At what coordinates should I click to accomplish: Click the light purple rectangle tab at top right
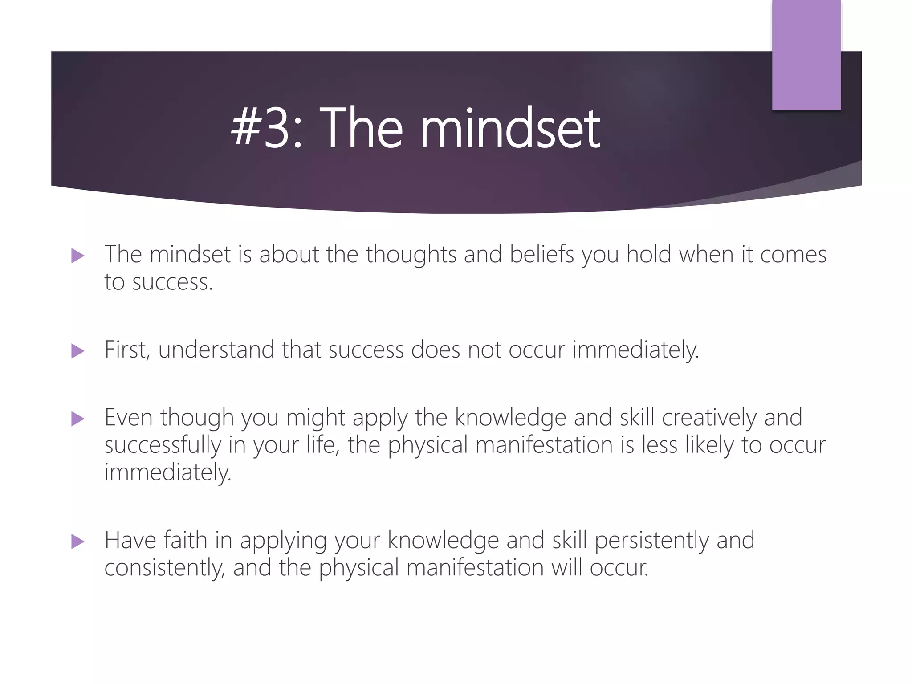(806, 55)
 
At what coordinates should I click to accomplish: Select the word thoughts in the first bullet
(411, 255)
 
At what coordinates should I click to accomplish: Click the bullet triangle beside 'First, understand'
(77, 351)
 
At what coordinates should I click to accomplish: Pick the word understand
(216, 350)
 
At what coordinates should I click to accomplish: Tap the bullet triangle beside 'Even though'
(77, 419)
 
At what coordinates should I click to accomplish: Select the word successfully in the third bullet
(163, 445)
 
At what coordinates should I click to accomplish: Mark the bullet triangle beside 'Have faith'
(77, 541)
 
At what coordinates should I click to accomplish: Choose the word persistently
(652, 541)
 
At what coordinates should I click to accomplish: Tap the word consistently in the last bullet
(165, 568)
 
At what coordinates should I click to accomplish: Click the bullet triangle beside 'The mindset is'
(77, 256)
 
